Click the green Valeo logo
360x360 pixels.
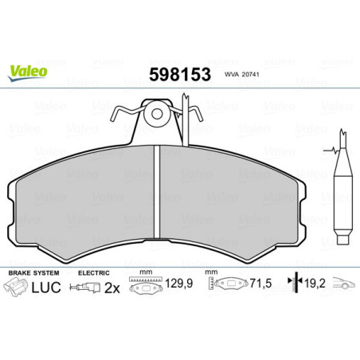click(29, 72)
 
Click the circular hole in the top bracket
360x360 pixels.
click(157, 113)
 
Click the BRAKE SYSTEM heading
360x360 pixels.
click(31, 272)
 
